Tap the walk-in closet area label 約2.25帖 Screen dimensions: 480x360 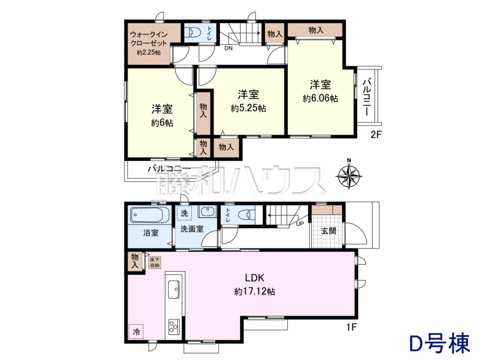pos(149,53)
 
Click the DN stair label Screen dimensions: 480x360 pos(228,48)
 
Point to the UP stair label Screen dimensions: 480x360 pos(300,224)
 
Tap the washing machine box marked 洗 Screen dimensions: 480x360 pos(184,213)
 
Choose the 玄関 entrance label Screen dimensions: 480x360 pos(329,231)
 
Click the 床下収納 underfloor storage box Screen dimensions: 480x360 pos(155,262)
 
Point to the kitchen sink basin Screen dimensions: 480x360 pos(174,289)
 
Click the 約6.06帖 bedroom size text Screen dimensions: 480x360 pos(320,98)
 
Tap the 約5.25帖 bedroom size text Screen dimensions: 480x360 pos(248,108)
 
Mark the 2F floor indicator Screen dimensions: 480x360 pos(376,135)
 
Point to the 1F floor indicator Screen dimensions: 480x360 pos(352,333)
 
